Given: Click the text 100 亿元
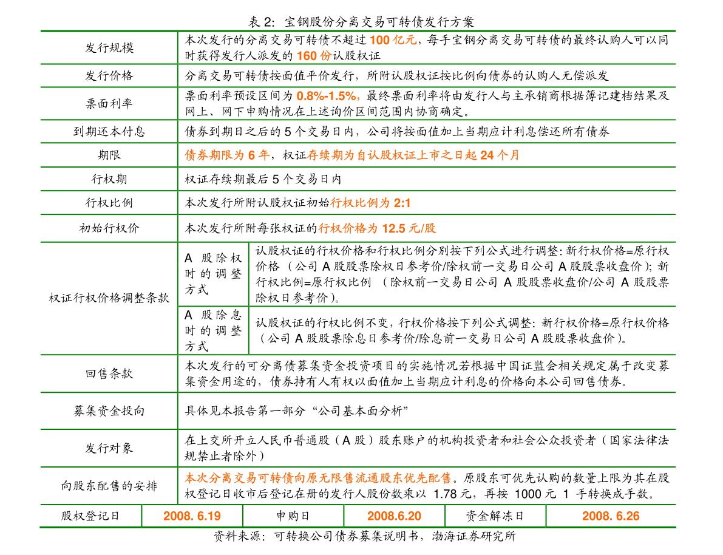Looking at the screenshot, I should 393,41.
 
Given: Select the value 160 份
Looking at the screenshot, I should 314,56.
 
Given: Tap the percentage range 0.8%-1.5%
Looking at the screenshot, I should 327,96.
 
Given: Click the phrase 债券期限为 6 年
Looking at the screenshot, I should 227,155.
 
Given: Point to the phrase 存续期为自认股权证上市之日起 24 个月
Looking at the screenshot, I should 413,155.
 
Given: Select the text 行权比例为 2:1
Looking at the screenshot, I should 370,203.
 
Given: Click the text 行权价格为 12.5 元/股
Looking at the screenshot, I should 377,228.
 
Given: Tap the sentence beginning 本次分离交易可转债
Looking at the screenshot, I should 317,478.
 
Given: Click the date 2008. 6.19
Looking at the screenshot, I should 192,516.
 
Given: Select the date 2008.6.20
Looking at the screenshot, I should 394,516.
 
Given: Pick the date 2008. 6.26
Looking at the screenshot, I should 611,516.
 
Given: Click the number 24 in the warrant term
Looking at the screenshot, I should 487,155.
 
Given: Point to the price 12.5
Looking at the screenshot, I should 393,228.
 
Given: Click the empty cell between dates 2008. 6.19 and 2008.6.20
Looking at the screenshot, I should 293,516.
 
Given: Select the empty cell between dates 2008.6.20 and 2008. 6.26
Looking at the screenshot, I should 495,516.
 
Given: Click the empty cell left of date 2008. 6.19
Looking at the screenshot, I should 90,516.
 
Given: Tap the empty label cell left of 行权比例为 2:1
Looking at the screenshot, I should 109,203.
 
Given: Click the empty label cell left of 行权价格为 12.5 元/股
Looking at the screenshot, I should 109,228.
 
